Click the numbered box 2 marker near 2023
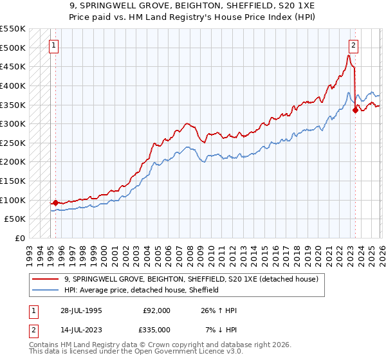354,45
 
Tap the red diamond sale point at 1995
55,203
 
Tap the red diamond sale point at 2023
355,110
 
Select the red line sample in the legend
46,279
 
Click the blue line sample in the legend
46,290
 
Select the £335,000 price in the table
157,330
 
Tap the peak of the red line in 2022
348,55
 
